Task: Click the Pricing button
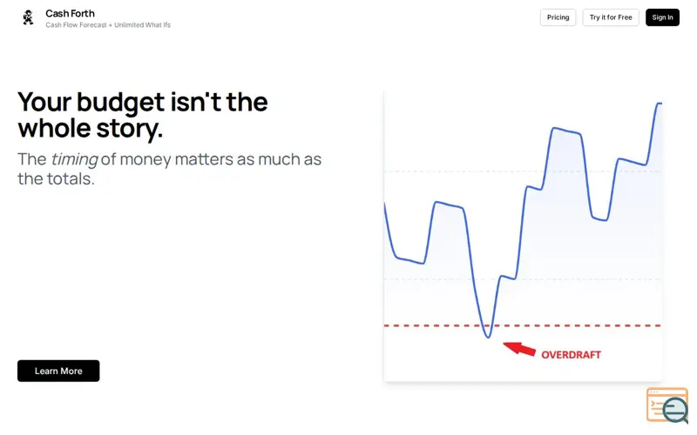point(558,17)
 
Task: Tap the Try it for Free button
point(611,17)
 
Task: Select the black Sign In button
point(662,17)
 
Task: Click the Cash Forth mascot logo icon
point(29,17)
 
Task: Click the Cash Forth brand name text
point(70,13)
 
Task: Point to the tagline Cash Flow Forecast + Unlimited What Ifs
point(108,25)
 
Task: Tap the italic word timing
point(74,160)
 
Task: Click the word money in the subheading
point(145,160)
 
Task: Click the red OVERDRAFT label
point(572,355)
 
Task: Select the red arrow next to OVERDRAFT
point(519,348)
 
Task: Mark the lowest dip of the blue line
point(488,338)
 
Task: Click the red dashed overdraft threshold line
point(523,325)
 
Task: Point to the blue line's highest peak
point(660,104)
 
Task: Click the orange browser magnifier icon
point(667,405)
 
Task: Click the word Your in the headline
point(44,103)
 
